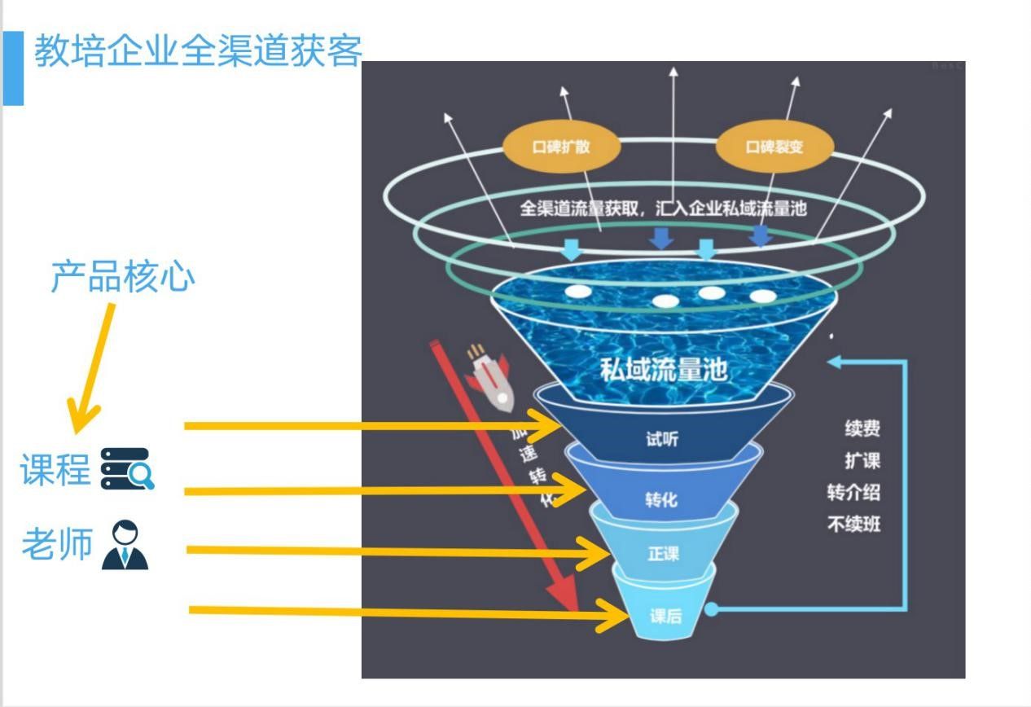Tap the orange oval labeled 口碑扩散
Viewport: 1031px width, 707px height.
(x=561, y=147)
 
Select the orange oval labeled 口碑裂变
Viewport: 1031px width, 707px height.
(x=774, y=147)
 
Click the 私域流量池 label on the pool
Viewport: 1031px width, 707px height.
(x=663, y=370)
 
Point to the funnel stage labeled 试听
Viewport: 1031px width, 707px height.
(x=662, y=440)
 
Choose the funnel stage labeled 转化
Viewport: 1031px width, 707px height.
(x=661, y=498)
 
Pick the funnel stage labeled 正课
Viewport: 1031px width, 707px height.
(x=663, y=554)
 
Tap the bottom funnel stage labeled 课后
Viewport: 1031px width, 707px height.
(x=665, y=616)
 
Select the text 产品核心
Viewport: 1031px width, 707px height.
(x=123, y=277)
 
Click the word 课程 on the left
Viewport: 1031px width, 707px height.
(x=55, y=470)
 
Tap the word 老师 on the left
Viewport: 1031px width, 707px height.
(x=57, y=544)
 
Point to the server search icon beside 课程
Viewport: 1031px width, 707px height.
(x=127, y=469)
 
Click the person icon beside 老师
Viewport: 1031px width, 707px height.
(x=125, y=545)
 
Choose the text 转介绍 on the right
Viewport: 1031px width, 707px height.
(x=853, y=493)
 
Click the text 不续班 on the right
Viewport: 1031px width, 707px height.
(x=853, y=524)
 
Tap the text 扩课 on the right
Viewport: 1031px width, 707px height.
(x=862, y=461)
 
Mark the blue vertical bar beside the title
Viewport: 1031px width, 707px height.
(x=13, y=68)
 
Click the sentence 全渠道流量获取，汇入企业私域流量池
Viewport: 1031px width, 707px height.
(x=663, y=208)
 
